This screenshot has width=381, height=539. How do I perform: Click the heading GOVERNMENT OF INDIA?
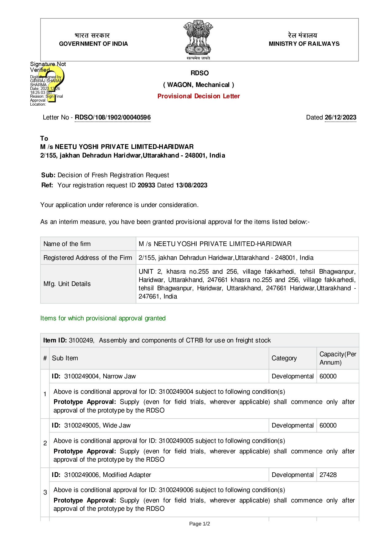pyautogui.click(x=93, y=44)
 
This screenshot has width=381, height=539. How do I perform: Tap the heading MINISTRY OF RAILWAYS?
pyautogui.click(x=304, y=44)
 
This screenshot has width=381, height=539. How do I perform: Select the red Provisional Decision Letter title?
pyautogui.click(x=198, y=96)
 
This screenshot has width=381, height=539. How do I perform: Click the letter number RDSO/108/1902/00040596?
pyautogui.click(x=113, y=117)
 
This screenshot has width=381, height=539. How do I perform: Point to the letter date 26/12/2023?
pyautogui.click(x=340, y=117)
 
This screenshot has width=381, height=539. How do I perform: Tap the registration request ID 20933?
pyautogui.click(x=146, y=185)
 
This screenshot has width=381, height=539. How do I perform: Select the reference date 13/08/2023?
pyautogui.click(x=191, y=185)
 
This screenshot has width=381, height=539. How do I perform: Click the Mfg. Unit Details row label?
pyautogui.click(x=67, y=284)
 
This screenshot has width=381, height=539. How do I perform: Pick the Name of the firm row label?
pyautogui.click(x=67, y=244)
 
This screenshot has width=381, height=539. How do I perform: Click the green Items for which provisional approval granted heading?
pyautogui.click(x=103, y=318)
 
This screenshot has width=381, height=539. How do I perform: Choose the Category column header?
pyautogui.click(x=284, y=358)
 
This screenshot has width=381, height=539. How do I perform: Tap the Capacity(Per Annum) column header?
pyautogui.click(x=338, y=358)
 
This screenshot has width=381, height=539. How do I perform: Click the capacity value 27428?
pyautogui.click(x=328, y=475)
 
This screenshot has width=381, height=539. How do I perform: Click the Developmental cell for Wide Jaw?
pyautogui.click(x=293, y=425)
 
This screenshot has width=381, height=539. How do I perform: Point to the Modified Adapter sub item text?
pyautogui.click(x=127, y=475)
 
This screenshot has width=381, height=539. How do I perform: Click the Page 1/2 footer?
pyautogui.click(x=199, y=524)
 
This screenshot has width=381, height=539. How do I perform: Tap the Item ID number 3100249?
pyautogui.click(x=81, y=340)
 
